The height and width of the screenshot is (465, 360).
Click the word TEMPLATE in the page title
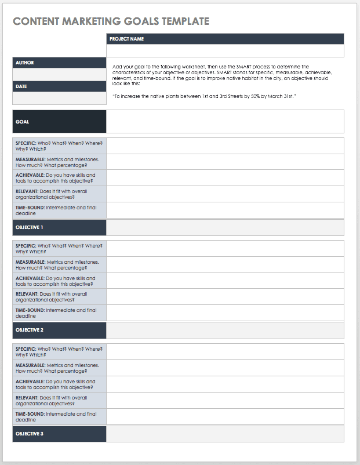(x=181, y=21)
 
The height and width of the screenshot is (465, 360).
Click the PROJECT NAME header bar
(x=225, y=39)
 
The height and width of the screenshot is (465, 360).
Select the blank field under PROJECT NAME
(x=225, y=51)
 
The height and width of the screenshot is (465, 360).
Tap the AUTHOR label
(x=25, y=63)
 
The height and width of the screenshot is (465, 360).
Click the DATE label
(x=21, y=86)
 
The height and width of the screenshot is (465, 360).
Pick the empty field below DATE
(x=59, y=98)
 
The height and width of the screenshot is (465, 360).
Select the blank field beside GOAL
(x=225, y=122)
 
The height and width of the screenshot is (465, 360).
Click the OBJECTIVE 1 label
(x=30, y=227)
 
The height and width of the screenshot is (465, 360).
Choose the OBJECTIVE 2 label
(x=30, y=330)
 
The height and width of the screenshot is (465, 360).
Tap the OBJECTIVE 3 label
(x=30, y=434)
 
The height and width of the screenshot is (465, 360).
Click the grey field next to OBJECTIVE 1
(x=225, y=227)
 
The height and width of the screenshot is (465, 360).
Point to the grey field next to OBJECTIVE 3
(x=225, y=434)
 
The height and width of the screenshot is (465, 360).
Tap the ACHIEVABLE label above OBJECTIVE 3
(x=30, y=382)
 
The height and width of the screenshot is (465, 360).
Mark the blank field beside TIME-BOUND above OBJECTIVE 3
(x=225, y=417)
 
